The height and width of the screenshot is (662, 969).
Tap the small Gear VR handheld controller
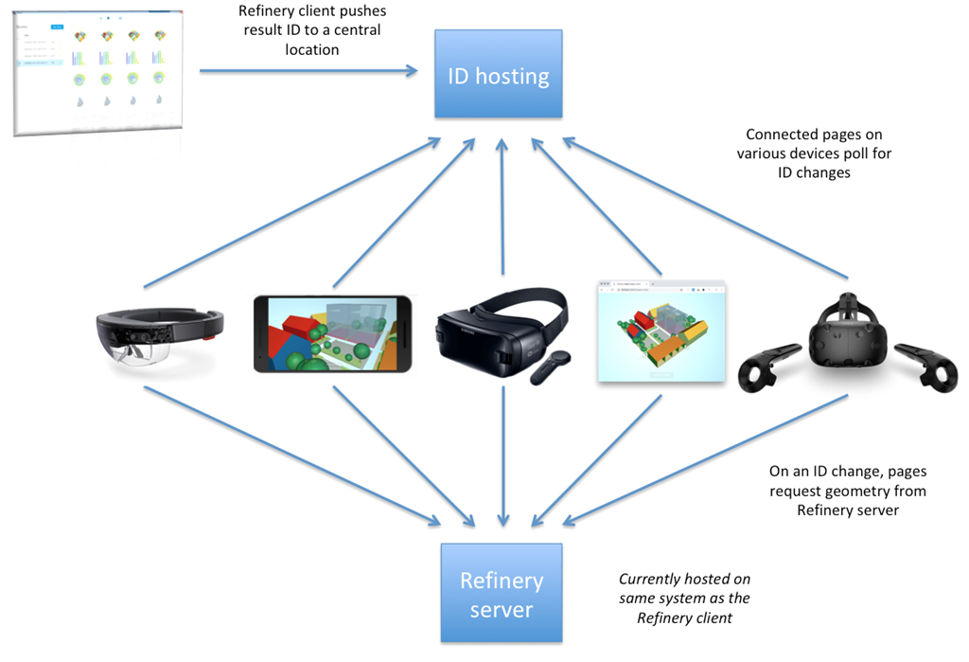pos(550,368)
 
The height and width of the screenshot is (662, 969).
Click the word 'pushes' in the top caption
pos(362,10)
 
